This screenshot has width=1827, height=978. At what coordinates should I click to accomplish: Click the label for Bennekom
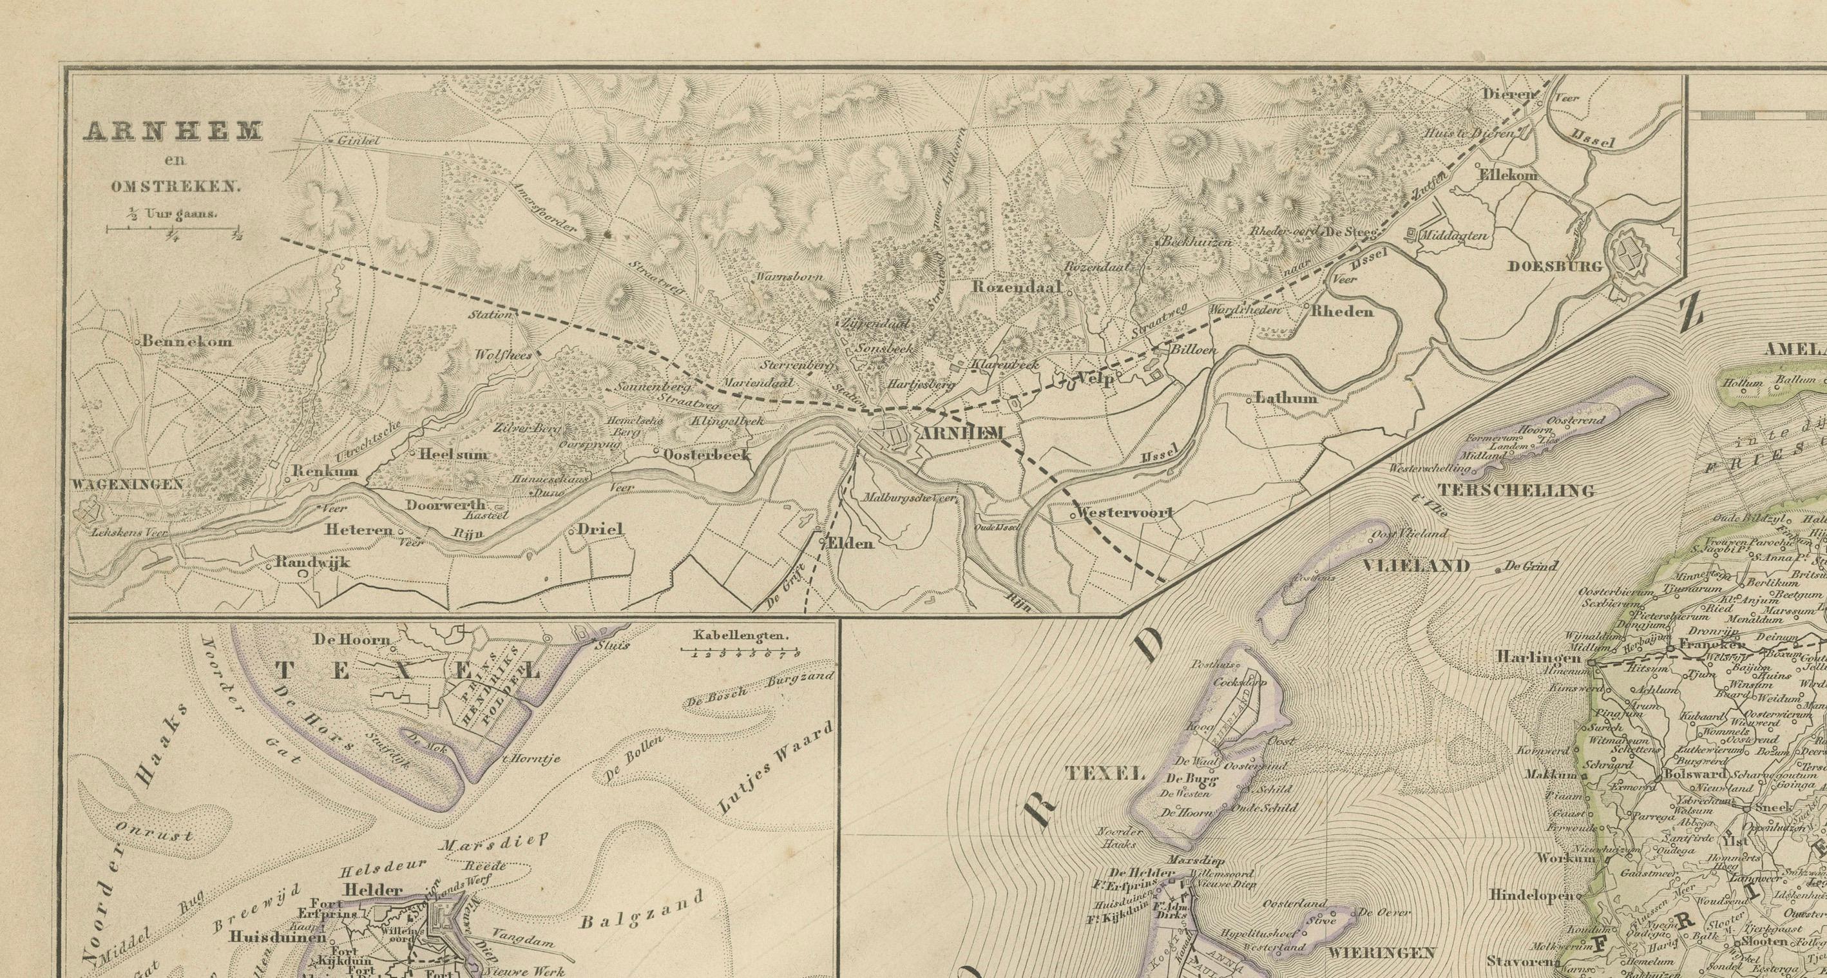pyautogui.click(x=187, y=341)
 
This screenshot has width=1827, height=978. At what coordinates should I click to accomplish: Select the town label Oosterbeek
pyautogui.click(x=707, y=455)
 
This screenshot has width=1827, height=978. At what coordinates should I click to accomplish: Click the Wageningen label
pyautogui.click(x=128, y=484)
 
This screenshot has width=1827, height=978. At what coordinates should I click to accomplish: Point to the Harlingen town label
pyautogui.click(x=1538, y=657)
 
